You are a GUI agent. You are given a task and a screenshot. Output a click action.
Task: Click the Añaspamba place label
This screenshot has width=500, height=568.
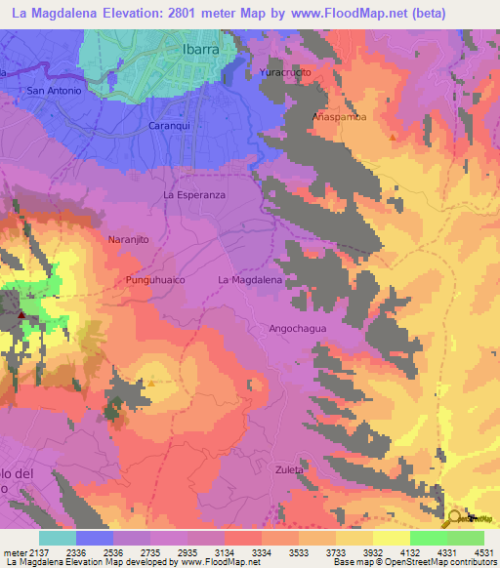click(x=339, y=116)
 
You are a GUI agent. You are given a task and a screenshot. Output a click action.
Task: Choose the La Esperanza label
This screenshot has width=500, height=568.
click(x=194, y=195)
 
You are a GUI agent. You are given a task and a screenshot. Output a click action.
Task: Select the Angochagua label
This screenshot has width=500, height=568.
click(x=297, y=329)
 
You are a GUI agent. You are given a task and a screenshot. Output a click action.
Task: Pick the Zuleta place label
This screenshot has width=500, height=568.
click(x=288, y=469)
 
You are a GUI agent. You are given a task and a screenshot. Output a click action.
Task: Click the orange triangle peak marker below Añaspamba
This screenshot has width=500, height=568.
click(x=393, y=137)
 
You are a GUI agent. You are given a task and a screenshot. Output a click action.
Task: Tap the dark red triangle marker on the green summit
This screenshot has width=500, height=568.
click(x=21, y=316)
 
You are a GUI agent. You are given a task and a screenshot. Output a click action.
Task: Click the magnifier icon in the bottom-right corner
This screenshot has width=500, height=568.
click(x=456, y=516)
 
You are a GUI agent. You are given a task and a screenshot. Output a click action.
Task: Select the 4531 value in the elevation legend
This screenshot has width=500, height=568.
click(x=484, y=551)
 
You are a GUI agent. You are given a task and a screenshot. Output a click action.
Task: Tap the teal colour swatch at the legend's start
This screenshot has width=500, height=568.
click(x=57, y=538)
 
